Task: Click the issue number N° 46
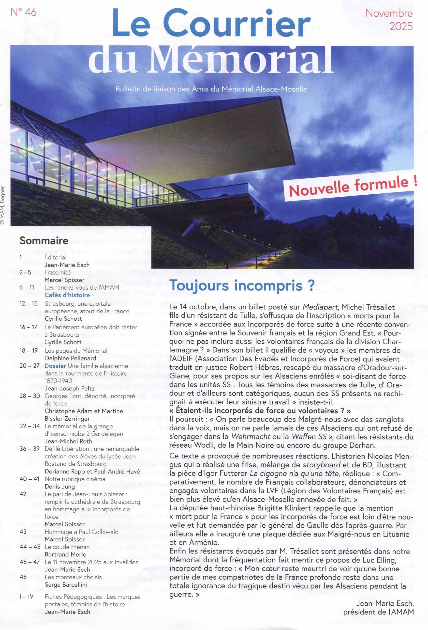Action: (23, 12)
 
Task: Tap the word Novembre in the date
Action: (389, 14)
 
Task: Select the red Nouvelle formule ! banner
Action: (353, 186)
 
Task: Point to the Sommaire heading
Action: (44, 240)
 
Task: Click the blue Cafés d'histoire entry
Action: (67, 295)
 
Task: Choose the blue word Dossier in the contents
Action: (55, 366)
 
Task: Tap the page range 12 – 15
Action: (29, 303)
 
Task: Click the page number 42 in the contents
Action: (23, 494)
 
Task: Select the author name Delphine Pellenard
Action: (70, 358)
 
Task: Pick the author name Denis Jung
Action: (59, 486)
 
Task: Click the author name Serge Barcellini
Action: (66, 585)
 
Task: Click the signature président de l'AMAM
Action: (378, 620)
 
